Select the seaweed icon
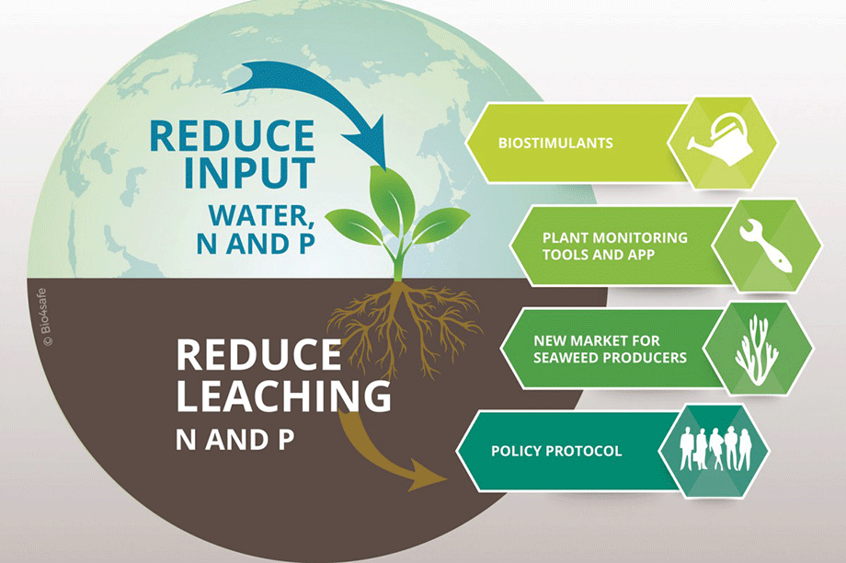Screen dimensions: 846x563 coord(757,350)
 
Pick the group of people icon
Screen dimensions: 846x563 coord(715,449)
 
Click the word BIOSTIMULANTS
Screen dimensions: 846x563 coord(555,143)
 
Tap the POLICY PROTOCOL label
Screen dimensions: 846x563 coord(556,451)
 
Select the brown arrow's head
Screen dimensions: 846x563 coord(428,475)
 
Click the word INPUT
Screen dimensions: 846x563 coord(249,173)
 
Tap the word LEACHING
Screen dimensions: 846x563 coord(284,396)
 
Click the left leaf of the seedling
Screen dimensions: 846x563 coord(353,225)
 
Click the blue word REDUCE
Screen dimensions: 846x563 coord(232,135)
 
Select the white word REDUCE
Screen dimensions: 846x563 coord(258,354)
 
